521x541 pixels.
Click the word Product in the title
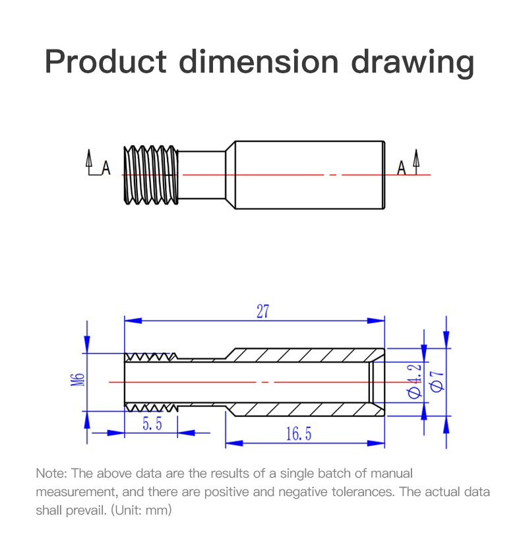pos(106,61)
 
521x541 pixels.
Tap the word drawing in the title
pos(412,63)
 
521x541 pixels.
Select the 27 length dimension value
pos(262,312)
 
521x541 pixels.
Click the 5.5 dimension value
pos(152,424)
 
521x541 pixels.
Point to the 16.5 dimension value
pos(298,433)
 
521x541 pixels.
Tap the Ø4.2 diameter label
pos(415,381)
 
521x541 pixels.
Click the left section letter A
pos(106,170)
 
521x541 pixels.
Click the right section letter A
pos(402,169)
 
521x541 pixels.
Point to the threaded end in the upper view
pos(151,174)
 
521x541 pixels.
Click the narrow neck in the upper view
pos(202,174)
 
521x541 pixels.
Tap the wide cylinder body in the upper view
pos(309,174)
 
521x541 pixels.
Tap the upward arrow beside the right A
pos(416,160)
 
